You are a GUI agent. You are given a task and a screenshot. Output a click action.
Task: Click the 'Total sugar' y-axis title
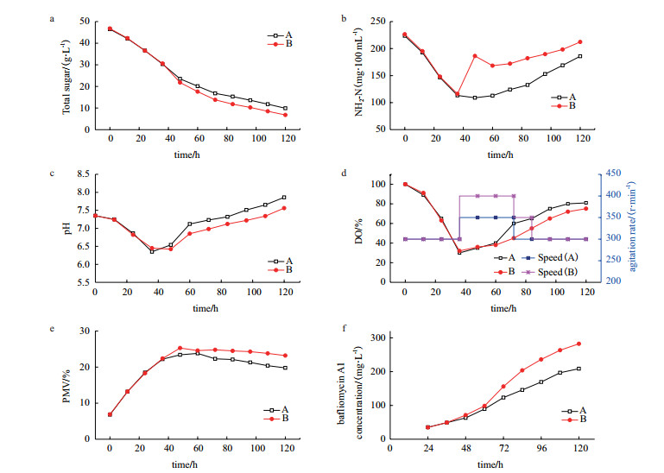tap(66, 73)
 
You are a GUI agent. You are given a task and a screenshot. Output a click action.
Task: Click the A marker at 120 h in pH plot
tap(284, 198)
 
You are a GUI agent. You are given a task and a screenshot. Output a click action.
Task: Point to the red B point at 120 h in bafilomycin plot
tap(579, 344)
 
